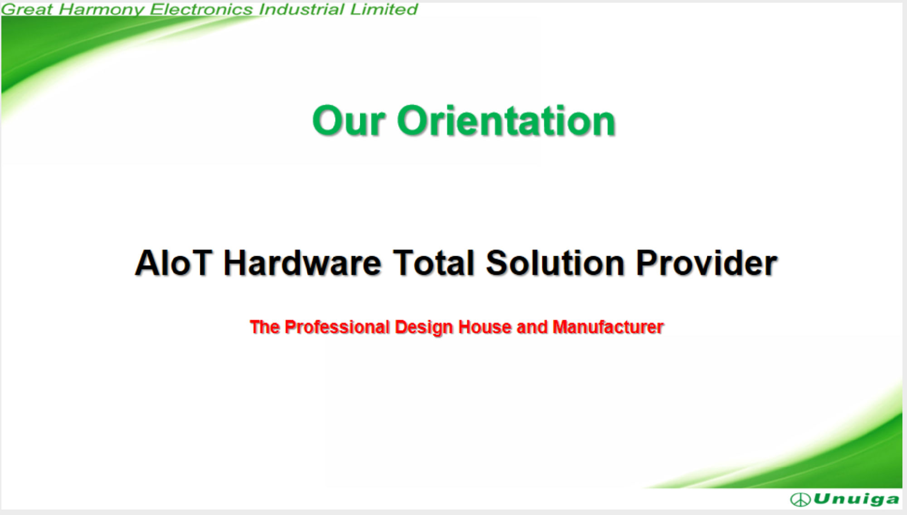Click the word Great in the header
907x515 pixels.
(x=27, y=9)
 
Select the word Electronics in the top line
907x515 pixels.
(x=201, y=9)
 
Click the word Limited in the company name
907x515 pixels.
(x=384, y=9)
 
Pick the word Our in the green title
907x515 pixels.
(x=349, y=121)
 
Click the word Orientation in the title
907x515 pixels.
(x=506, y=120)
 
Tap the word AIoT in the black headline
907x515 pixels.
(x=173, y=262)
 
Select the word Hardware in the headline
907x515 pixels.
(x=302, y=262)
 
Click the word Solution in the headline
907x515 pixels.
(x=555, y=262)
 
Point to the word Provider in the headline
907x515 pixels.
(x=707, y=262)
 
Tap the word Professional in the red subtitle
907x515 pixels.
(x=337, y=327)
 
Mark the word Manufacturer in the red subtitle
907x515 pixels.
(x=608, y=327)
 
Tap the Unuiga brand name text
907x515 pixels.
(x=856, y=499)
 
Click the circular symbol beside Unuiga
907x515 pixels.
(x=800, y=500)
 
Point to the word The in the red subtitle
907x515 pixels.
(x=265, y=327)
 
